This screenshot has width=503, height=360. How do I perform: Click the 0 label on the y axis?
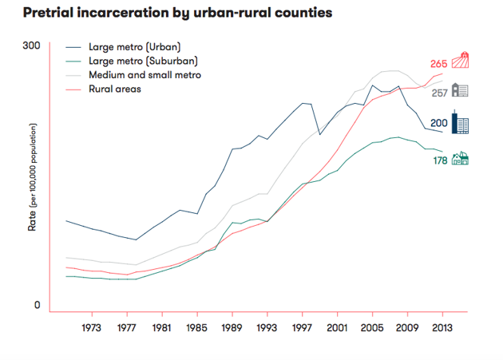pyautogui.click(x=36, y=305)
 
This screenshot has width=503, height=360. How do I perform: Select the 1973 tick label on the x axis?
pyautogui.click(x=91, y=327)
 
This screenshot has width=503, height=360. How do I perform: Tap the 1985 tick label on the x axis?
pyautogui.click(x=196, y=327)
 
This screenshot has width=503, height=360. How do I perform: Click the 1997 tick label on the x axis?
pyautogui.click(x=302, y=327)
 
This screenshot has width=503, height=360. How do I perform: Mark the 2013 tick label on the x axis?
pyautogui.click(x=442, y=327)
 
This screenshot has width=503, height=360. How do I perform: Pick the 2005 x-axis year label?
pyautogui.click(x=372, y=327)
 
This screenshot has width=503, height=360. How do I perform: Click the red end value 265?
pyautogui.click(x=438, y=64)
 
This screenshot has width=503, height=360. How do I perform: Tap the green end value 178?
pyautogui.click(x=440, y=160)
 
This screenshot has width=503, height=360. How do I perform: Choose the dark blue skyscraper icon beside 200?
pyautogui.click(x=460, y=122)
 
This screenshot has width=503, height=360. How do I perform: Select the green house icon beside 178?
pyautogui.click(x=460, y=159)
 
